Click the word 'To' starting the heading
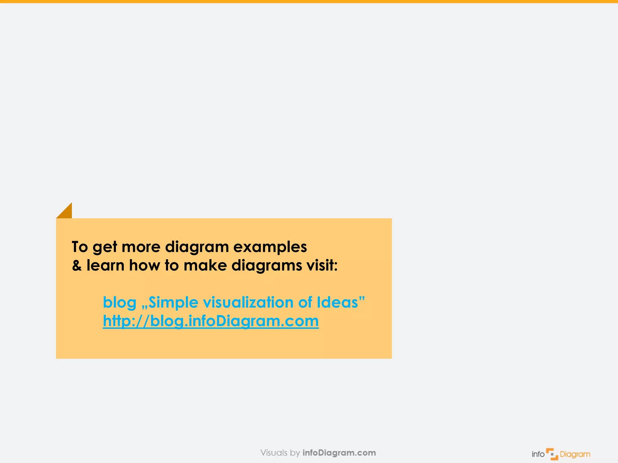pos(80,247)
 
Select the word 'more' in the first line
pos(141,247)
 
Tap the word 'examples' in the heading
pos(270,247)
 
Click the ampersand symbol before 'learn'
pos(77,266)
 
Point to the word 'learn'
pos(105,265)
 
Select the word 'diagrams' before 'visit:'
pos(267,266)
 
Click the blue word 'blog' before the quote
pos(119,302)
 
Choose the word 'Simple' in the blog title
pos(173,302)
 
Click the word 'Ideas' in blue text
pos(337,302)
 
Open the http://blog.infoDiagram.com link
pos(211,321)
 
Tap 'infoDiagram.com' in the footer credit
pos(339,453)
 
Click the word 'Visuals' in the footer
pos(274,453)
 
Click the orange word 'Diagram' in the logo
pos(575,454)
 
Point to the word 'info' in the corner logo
pos(538,454)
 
